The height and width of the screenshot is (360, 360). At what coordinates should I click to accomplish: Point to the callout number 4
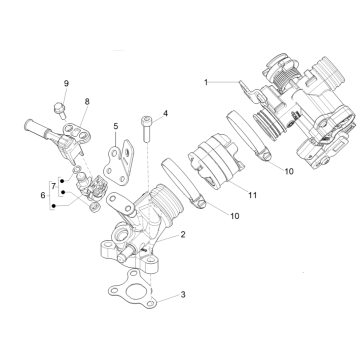click(x=165, y=113)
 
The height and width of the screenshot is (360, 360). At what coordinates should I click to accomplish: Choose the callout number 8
click(x=87, y=102)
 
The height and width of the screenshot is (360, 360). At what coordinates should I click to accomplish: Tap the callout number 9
click(x=67, y=81)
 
